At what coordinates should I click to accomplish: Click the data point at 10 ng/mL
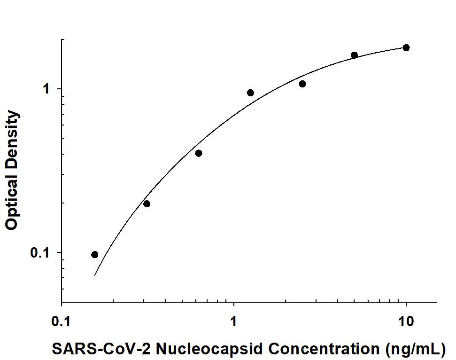pyautogui.click(x=406, y=47)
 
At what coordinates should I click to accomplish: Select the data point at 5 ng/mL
pyautogui.click(x=354, y=55)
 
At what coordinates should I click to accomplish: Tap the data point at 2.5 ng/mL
pyautogui.click(x=302, y=84)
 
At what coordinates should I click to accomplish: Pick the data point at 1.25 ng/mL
pyautogui.click(x=250, y=93)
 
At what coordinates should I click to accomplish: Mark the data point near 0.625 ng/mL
pyautogui.click(x=199, y=153)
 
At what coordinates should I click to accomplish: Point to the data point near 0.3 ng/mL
pyautogui.click(x=147, y=203)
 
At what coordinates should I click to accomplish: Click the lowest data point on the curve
pyautogui.click(x=95, y=254)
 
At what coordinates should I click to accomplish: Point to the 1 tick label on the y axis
pyautogui.click(x=46, y=89)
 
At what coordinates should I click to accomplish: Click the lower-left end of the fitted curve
pyautogui.click(x=95, y=275)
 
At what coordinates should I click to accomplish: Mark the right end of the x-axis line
pyautogui.click(x=437, y=302)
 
